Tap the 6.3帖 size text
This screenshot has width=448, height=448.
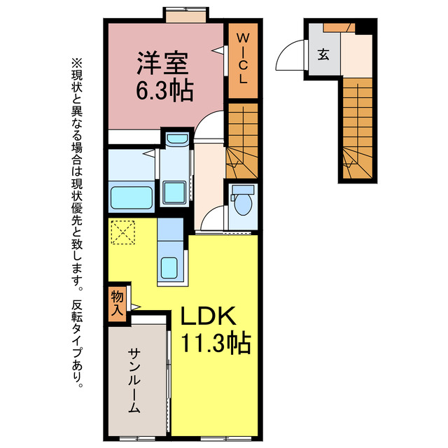click(x=164, y=92)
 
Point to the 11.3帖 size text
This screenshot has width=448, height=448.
click(x=216, y=344)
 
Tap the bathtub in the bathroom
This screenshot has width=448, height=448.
click(x=132, y=196)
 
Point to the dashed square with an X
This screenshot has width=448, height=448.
click(x=123, y=232)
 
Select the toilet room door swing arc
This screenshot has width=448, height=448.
click(x=211, y=221)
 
